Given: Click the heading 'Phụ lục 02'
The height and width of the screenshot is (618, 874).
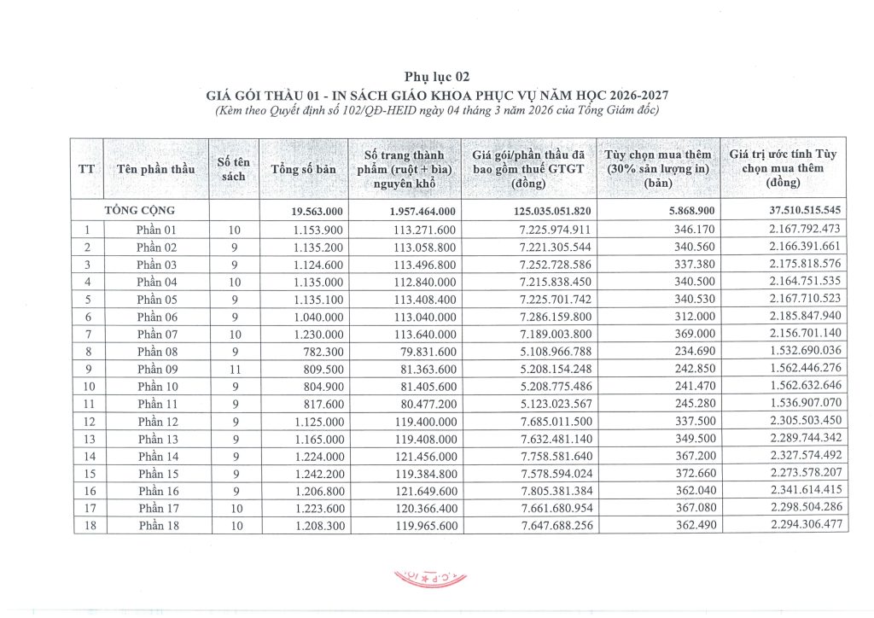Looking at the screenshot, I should [x=436, y=76].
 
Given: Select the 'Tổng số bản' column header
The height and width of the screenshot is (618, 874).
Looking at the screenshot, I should [x=303, y=169].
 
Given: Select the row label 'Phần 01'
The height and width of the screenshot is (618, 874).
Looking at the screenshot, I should [x=156, y=230].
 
